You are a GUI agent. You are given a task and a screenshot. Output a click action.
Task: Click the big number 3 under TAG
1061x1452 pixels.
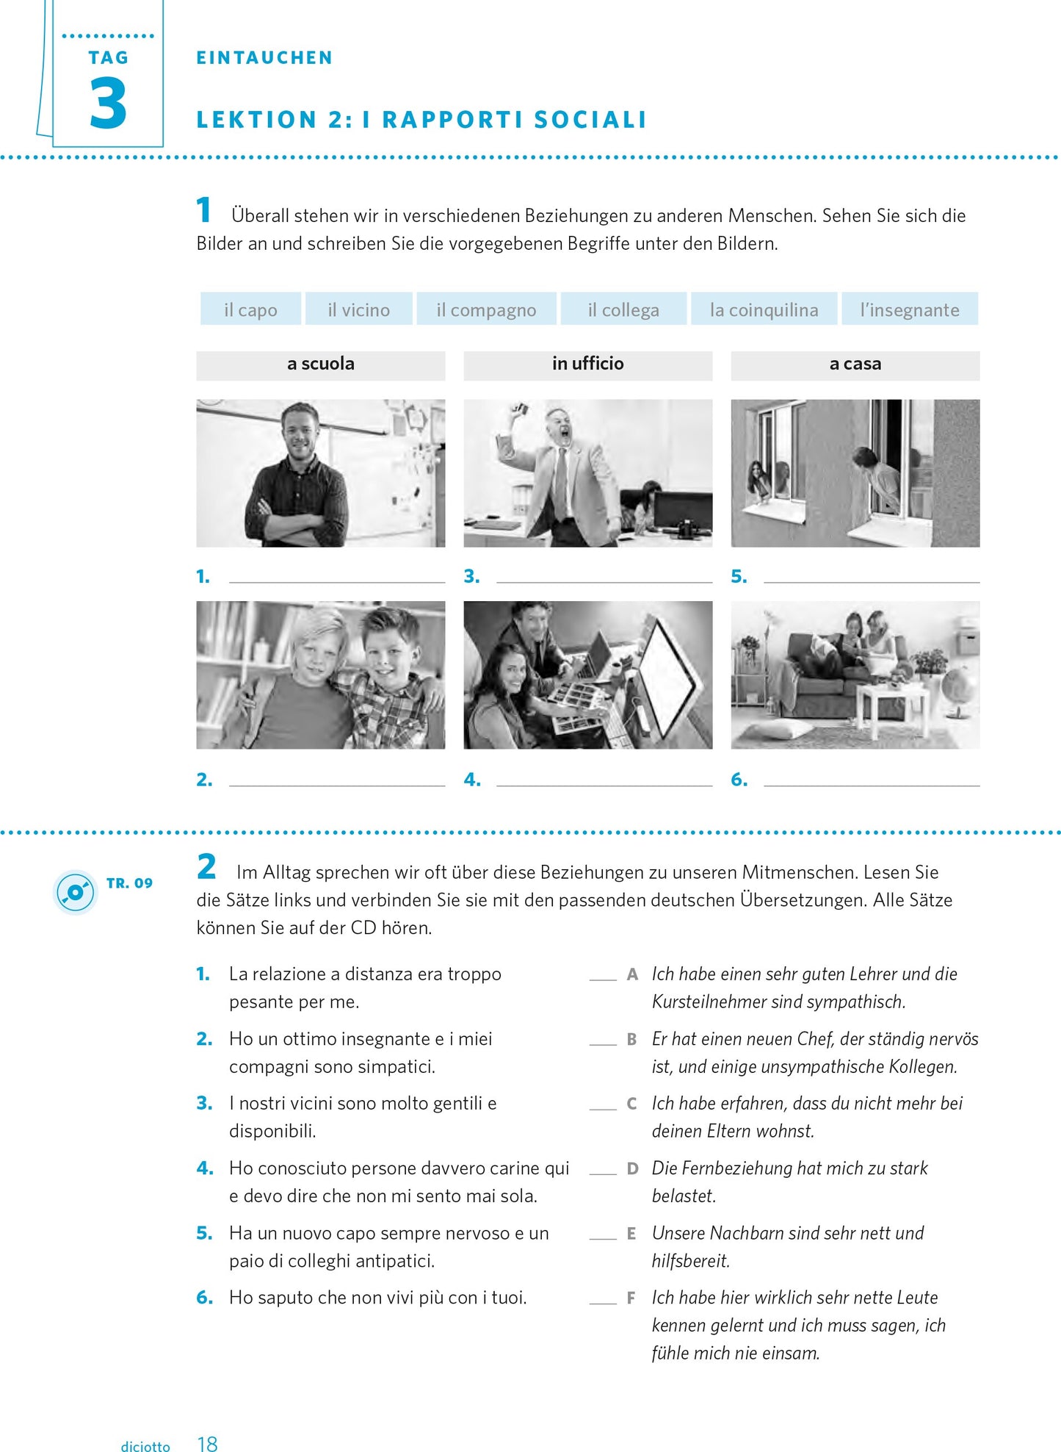click(108, 104)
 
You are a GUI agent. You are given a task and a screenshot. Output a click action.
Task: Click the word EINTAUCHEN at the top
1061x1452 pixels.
click(264, 58)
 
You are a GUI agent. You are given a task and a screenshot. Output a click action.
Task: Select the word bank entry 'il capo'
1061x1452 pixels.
click(250, 309)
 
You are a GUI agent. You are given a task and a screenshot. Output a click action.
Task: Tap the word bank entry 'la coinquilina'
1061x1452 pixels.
click(764, 309)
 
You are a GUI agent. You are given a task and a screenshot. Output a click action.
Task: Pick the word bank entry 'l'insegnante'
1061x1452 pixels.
click(909, 309)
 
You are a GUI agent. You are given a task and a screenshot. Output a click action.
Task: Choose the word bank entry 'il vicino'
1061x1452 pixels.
click(358, 309)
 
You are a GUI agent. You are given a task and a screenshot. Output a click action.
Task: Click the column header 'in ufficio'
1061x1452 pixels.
click(587, 364)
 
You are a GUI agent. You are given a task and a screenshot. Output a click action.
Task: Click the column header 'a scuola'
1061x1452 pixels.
click(320, 364)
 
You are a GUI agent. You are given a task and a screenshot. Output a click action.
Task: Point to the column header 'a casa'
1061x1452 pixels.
click(855, 364)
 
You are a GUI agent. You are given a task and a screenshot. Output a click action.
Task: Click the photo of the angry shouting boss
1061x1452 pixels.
click(587, 472)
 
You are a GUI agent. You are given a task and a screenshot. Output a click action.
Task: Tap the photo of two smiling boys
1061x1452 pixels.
click(320, 675)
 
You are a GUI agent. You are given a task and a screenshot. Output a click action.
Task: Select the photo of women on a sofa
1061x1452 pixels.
click(855, 675)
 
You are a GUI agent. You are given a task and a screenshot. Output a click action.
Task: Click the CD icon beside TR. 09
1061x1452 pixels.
click(75, 892)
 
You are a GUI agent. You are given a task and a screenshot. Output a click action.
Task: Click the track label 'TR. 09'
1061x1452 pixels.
click(129, 883)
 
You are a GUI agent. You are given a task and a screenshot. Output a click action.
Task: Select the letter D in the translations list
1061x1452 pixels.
click(632, 1168)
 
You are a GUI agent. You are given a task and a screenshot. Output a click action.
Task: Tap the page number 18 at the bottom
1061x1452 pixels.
click(207, 1444)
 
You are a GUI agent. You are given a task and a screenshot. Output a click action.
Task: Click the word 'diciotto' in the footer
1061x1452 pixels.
click(145, 1446)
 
